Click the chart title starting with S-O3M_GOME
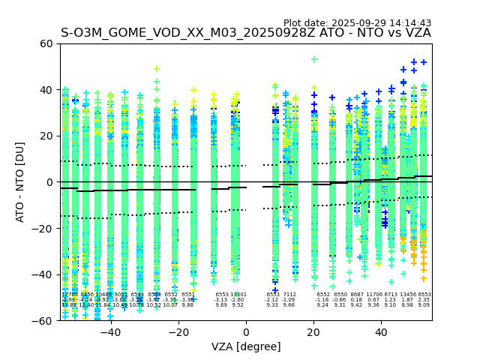click(x=246, y=33)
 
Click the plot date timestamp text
click(x=357, y=23)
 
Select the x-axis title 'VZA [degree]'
click(x=246, y=346)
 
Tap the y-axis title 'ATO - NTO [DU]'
click(x=21, y=182)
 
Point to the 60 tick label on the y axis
click(x=46, y=43)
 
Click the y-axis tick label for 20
click(x=46, y=136)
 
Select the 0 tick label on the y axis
click(x=49, y=182)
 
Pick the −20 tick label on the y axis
click(x=43, y=229)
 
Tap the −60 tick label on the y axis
click(x=43, y=321)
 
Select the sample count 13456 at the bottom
click(x=407, y=295)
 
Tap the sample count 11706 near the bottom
click(x=373, y=295)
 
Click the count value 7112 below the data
click(x=289, y=295)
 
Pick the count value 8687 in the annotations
click(x=357, y=295)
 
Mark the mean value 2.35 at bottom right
click(x=424, y=300)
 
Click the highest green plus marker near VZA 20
click(x=314, y=59)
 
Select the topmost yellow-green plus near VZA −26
click(x=157, y=69)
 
